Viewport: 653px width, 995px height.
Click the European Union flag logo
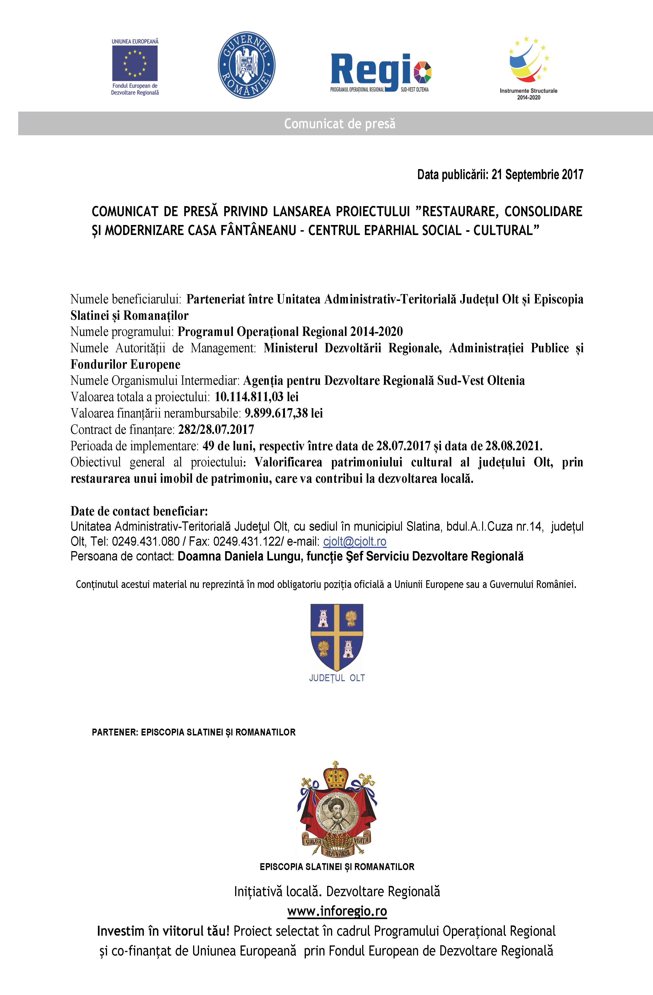[x=135, y=64]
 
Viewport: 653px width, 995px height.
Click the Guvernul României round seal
[x=247, y=65]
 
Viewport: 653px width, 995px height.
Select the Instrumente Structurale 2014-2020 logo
[x=528, y=67]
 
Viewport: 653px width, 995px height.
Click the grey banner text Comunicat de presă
[x=339, y=124]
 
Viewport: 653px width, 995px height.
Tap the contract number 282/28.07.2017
[x=216, y=429]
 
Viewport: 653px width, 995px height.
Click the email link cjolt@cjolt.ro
[x=354, y=541]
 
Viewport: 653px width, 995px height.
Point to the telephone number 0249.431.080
[x=145, y=541]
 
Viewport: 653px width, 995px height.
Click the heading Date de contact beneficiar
[x=139, y=511]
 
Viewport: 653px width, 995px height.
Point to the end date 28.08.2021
[x=513, y=446]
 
